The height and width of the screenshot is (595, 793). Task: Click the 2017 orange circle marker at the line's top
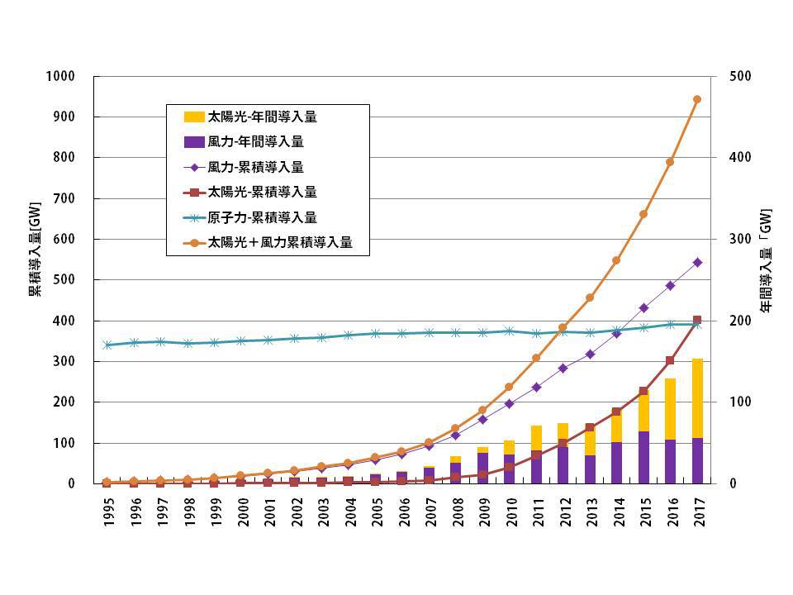coord(696,99)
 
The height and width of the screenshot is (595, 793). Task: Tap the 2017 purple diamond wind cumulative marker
coord(696,263)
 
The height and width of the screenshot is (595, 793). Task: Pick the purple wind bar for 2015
coord(643,457)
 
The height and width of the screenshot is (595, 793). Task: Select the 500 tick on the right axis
coord(741,77)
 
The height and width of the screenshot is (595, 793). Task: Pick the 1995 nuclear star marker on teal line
coord(108,345)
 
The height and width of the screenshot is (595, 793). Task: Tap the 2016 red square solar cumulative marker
coord(670,360)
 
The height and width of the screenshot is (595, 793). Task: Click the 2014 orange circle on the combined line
coord(617,260)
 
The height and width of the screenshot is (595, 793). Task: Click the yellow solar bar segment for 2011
coord(537,438)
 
